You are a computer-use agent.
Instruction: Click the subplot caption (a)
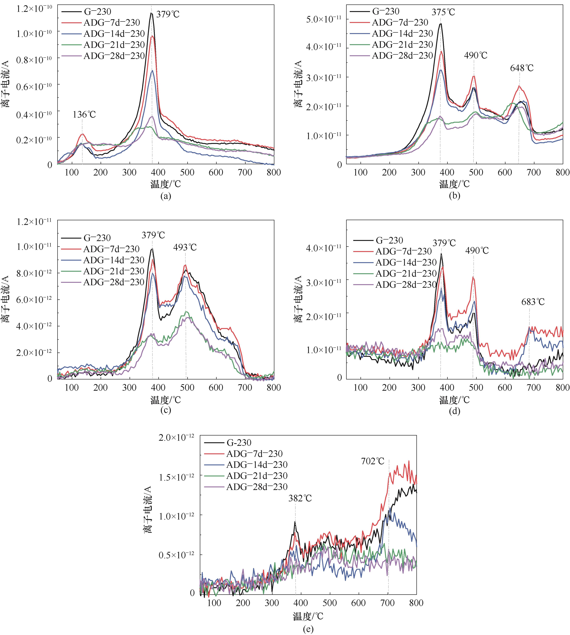pyautogui.click(x=166, y=196)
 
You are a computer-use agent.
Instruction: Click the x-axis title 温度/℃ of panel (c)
pyautogui.click(x=166, y=400)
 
